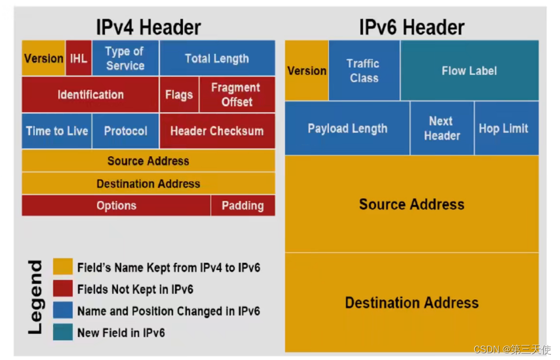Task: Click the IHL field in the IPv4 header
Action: coord(78,58)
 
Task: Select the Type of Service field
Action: coord(125,58)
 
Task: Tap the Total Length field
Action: coord(217,58)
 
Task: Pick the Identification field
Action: coord(90,95)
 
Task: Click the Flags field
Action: coord(179,95)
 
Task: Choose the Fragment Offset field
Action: coord(236,95)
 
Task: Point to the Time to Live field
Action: coord(57,131)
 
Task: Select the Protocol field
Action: coord(125,131)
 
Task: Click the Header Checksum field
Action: coord(217,131)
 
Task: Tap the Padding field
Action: coord(242,205)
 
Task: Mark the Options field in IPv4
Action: coord(116,205)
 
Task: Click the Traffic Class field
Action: coord(364,71)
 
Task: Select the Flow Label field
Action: coord(469,71)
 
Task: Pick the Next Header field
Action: coord(442,128)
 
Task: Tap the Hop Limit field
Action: coord(504,128)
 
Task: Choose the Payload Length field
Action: coord(347,128)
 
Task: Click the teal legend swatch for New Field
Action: coord(63,332)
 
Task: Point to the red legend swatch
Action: coord(63,289)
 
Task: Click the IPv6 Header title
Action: coord(412,27)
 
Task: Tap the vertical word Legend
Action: coord(35,296)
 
